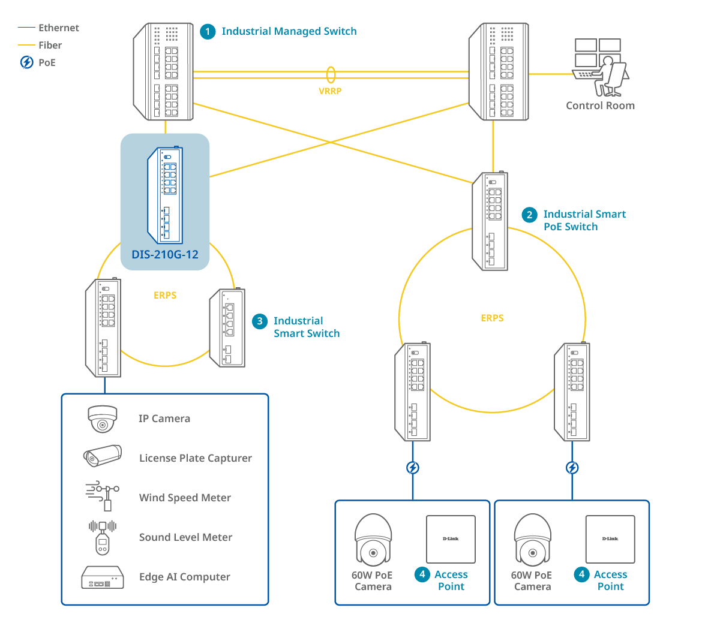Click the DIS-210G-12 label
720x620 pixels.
(x=165, y=254)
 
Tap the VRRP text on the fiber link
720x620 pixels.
(x=330, y=91)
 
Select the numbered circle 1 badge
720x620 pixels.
(x=208, y=31)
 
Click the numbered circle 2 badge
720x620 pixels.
(x=529, y=215)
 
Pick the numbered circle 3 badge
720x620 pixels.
(x=259, y=321)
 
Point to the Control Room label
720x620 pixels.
(x=600, y=106)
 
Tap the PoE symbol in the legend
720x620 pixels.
(x=27, y=62)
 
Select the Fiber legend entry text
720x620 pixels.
(x=50, y=45)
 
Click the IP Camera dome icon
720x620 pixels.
(x=103, y=419)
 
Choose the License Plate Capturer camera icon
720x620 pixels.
(x=103, y=457)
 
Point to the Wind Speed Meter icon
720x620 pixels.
(x=103, y=496)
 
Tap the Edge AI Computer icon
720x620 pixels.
(x=103, y=577)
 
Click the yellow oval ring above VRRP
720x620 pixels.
(x=331, y=74)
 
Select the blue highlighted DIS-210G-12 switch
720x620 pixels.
(x=165, y=195)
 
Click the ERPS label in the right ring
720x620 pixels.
(x=492, y=318)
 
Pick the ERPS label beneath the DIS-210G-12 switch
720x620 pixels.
(x=165, y=296)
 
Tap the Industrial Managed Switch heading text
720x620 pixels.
(x=289, y=31)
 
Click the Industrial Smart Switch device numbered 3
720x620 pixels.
(x=227, y=327)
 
